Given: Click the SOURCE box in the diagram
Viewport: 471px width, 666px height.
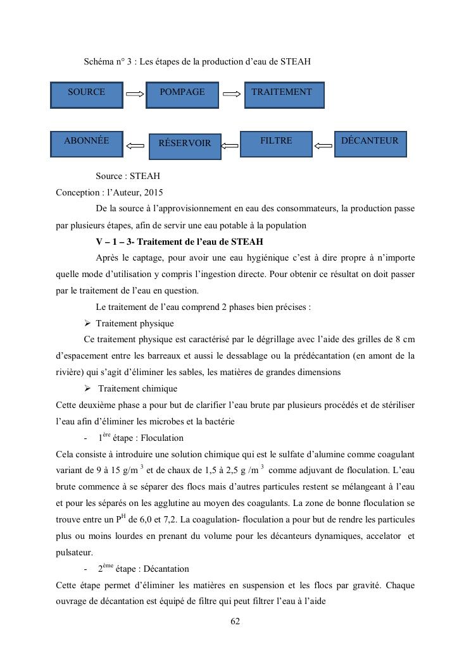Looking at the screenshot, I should coord(86,95).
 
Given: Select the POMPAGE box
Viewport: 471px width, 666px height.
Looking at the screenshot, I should coord(182,95).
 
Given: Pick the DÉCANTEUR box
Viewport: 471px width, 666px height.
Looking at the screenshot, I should coord(370,144).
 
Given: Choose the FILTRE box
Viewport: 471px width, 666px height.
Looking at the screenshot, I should coord(277,144).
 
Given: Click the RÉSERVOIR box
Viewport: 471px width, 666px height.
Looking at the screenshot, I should coord(185,146).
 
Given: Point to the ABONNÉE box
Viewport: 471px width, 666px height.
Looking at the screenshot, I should coord(86,144).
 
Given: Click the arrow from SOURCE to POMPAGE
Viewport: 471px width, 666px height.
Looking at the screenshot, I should coord(135,94).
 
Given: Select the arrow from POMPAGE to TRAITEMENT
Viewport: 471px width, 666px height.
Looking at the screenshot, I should coord(232,94).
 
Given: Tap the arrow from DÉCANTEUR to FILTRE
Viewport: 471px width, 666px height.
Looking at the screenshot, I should coord(323,146).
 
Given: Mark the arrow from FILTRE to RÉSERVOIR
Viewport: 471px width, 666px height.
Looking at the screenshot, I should coord(230,146).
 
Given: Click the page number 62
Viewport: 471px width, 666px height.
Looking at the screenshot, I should coord(235,622).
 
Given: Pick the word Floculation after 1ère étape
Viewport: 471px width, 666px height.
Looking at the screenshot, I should coord(162,438).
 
